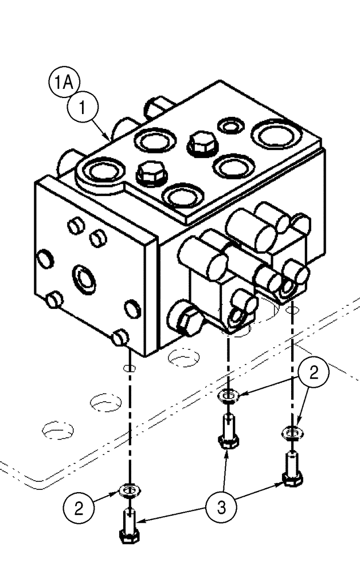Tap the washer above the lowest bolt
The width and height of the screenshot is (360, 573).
(x=128, y=490)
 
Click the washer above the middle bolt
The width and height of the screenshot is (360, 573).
(x=228, y=395)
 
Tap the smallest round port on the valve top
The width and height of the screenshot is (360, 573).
(x=232, y=125)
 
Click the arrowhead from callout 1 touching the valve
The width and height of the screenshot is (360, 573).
(x=111, y=139)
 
